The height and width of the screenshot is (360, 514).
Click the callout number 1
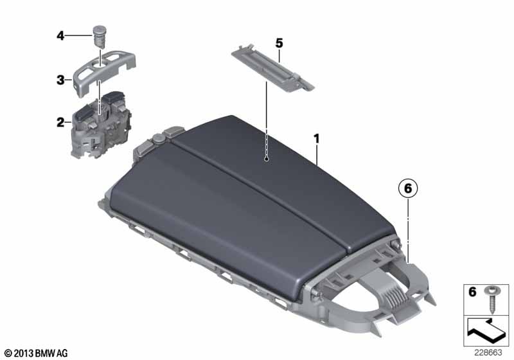point(316,139)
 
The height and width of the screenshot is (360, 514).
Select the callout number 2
point(60,123)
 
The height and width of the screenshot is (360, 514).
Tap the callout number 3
point(60,80)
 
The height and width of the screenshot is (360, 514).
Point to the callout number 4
point(60,36)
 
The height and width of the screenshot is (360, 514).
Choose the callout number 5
point(279,43)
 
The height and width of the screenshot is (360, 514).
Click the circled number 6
point(408,188)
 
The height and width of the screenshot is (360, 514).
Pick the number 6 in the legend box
point(472,291)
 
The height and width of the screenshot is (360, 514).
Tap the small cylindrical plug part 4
point(99,37)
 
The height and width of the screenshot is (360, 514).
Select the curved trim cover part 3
point(105,72)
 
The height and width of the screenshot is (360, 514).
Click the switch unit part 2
point(101,125)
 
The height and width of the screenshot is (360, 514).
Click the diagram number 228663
point(488,352)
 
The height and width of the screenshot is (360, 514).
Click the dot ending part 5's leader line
point(267,159)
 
